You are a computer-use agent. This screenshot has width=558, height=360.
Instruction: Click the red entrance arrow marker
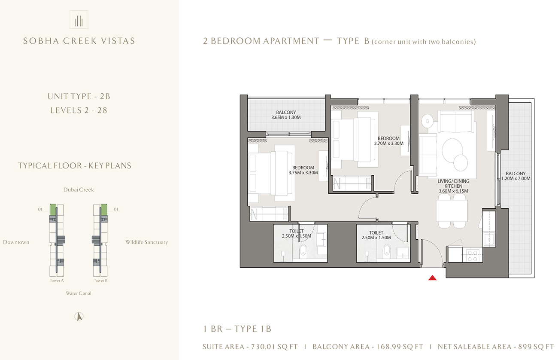click(433, 278)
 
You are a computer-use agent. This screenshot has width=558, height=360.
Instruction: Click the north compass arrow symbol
click(79, 317)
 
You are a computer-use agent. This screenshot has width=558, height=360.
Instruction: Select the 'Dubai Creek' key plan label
click(78, 189)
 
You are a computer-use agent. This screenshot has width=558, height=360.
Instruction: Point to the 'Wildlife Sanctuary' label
click(146, 242)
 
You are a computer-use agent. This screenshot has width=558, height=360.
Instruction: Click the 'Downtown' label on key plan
click(16, 242)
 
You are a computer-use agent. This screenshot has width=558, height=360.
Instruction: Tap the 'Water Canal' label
click(79, 293)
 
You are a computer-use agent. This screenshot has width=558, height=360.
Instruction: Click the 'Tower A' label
click(57, 281)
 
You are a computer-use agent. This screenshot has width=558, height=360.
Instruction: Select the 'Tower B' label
click(100, 281)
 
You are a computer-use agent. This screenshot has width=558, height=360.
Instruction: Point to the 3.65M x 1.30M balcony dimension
click(286, 117)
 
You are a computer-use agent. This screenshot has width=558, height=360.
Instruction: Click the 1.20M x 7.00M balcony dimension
click(516, 178)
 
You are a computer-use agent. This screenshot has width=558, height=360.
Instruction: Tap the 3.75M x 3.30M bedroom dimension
click(303, 173)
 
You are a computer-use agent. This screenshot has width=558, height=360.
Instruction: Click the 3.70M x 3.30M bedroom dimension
click(388, 143)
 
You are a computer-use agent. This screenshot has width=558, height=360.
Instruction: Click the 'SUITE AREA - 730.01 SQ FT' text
click(249, 347)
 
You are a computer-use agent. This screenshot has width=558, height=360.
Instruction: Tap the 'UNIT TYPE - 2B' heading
click(79, 97)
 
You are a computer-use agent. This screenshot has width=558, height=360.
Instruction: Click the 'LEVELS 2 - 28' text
click(79, 110)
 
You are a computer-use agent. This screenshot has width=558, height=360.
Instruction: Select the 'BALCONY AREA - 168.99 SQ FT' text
click(368, 347)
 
